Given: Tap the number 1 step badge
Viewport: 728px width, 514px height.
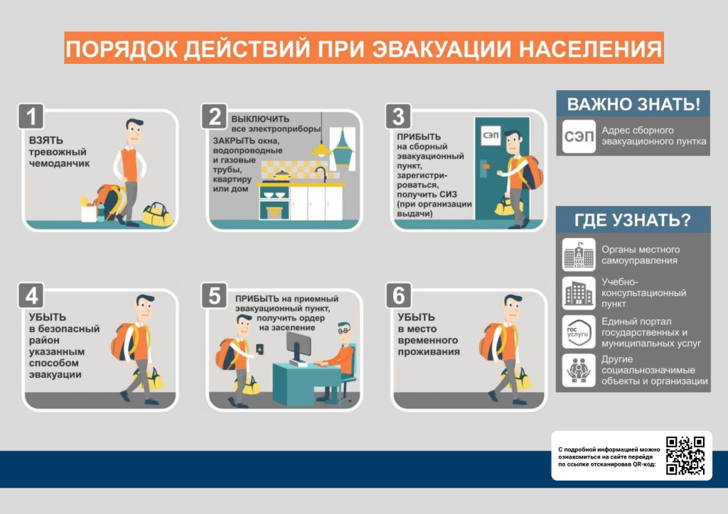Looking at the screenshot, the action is (x=31, y=116).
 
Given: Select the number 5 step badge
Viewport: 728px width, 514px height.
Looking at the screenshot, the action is (x=214, y=295).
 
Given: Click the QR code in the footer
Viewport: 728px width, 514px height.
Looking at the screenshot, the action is (x=685, y=455).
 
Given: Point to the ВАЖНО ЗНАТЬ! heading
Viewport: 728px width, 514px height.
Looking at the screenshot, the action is (x=633, y=104).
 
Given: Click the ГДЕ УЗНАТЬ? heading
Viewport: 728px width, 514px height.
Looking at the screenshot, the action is (x=633, y=219).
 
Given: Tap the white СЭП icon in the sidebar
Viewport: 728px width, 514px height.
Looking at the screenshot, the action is (x=579, y=136).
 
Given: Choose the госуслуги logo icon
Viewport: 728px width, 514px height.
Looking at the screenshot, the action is (x=579, y=332).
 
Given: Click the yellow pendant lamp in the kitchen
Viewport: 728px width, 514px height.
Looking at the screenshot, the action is (x=321, y=149).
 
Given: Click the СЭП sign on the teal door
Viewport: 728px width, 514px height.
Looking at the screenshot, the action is (x=491, y=135).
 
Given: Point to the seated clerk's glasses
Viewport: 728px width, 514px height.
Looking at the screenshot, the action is (x=344, y=331).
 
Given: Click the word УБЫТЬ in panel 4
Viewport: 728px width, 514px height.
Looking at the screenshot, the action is (x=48, y=317).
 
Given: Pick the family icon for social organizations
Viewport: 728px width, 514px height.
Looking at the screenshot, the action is (x=579, y=371).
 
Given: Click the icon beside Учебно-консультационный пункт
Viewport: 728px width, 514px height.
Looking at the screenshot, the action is (x=579, y=293).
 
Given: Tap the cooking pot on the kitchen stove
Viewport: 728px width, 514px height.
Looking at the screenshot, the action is (x=282, y=175).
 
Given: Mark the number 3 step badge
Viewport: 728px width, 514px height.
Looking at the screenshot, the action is (x=398, y=116).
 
